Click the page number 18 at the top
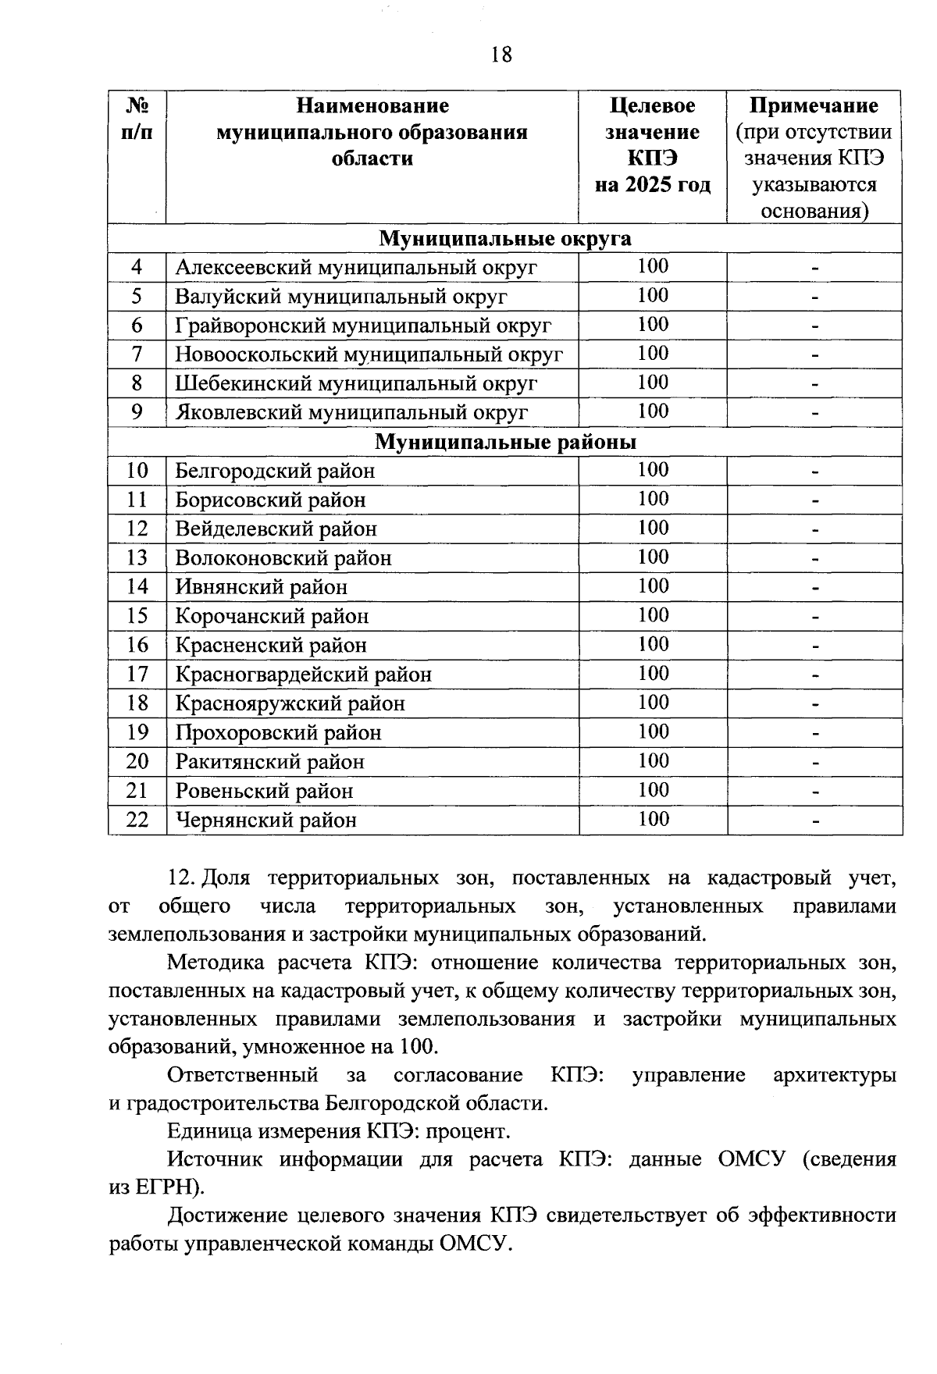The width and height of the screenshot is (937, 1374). [x=502, y=55]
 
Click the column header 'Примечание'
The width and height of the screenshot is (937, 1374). [x=814, y=105]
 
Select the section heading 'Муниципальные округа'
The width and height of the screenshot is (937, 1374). [x=505, y=238]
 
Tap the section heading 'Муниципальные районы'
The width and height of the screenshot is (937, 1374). [x=505, y=443]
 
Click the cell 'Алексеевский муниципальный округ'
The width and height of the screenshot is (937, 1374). [x=356, y=268]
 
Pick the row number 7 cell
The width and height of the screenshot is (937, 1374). [x=137, y=354]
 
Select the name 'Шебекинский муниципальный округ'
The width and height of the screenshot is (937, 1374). [x=356, y=383]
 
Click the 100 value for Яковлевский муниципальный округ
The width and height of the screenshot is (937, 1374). [x=653, y=411]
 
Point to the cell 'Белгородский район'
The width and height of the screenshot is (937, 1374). [x=275, y=472]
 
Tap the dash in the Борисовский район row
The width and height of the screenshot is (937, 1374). [x=814, y=500]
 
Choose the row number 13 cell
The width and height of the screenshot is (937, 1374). [x=137, y=558]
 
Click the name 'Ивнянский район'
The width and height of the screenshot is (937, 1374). [x=261, y=587]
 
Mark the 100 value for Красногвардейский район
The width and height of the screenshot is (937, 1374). [x=653, y=674]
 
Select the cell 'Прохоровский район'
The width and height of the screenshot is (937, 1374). [x=278, y=733]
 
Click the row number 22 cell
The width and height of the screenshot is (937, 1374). [x=137, y=820]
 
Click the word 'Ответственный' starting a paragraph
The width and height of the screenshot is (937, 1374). [x=243, y=1075]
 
